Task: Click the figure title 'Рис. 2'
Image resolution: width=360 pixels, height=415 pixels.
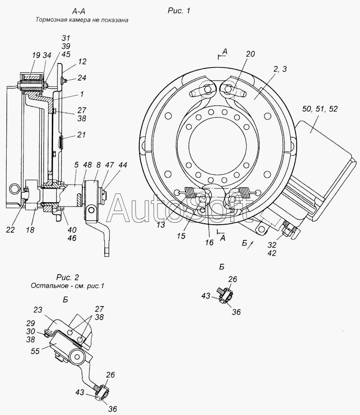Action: tap(66, 277)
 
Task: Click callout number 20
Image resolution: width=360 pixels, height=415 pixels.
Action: tap(250, 54)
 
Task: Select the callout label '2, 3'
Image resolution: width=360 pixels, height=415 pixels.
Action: tap(279, 69)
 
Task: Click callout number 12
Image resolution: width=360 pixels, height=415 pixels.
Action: tap(82, 62)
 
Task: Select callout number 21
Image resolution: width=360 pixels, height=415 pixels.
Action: tap(81, 135)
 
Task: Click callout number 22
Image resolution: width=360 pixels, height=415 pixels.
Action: tap(11, 229)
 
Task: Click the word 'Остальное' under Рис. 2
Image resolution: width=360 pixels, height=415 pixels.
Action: tap(48, 285)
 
